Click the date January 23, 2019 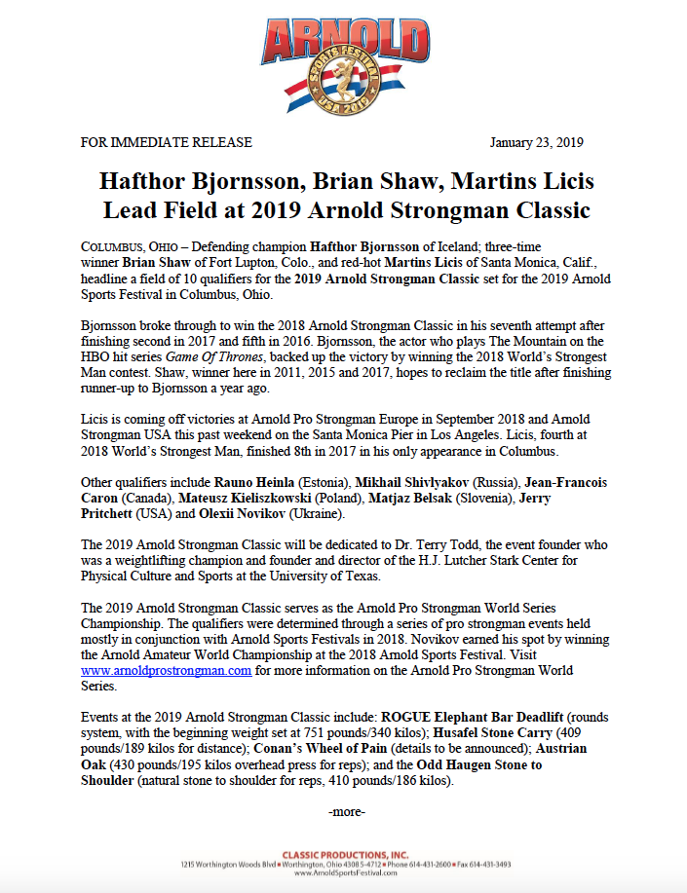point(536,142)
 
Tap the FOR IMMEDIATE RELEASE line point(166,142)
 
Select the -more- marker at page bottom point(348,810)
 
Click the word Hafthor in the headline point(154,182)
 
